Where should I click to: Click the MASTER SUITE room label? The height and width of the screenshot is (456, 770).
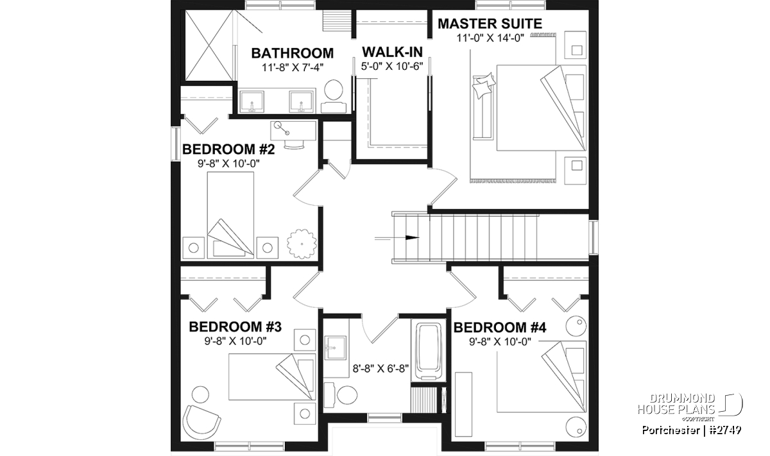490,24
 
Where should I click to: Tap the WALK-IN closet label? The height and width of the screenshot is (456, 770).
392,52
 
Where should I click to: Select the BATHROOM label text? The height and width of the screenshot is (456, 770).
293,53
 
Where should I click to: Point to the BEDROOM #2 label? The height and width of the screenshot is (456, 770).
228,149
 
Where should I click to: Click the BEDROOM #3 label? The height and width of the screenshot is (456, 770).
235,327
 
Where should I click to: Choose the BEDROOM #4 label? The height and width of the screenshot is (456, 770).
500,328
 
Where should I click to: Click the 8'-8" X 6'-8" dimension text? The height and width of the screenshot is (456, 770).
381,369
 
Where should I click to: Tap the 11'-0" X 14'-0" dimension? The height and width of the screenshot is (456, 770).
490,38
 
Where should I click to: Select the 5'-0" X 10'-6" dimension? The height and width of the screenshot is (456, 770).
392,66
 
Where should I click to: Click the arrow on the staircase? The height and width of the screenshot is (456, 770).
397,237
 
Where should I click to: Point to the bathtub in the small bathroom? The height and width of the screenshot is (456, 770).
429,351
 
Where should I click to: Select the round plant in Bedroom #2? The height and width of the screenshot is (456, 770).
302,244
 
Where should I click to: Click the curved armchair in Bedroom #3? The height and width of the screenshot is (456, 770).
201,424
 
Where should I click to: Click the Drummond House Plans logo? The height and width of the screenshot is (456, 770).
690,407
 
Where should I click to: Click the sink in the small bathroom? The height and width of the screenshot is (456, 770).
336,348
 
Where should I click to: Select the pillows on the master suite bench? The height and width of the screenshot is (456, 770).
484,85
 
